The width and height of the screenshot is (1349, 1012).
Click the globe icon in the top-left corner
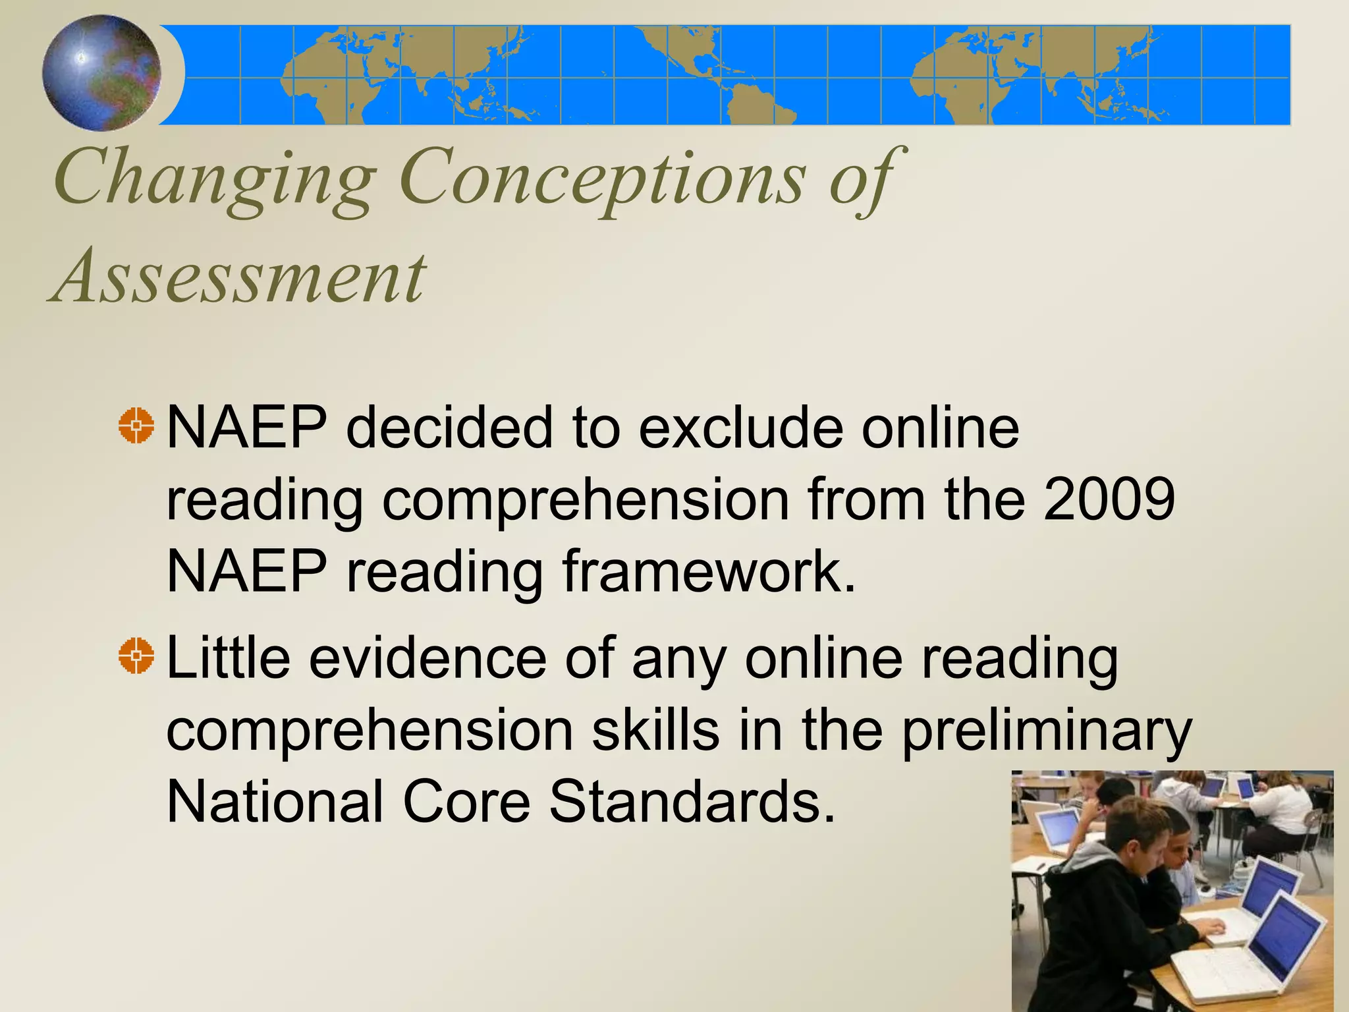(x=102, y=72)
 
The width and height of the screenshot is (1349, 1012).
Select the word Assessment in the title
(x=238, y=277)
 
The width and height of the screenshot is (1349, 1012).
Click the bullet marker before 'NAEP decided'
(x=136, y=426)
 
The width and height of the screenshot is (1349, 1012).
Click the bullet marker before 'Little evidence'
(x=136, y=656)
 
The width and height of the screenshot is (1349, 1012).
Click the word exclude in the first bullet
(x=742, y=428)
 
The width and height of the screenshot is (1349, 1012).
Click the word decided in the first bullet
(x=450, y=428)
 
